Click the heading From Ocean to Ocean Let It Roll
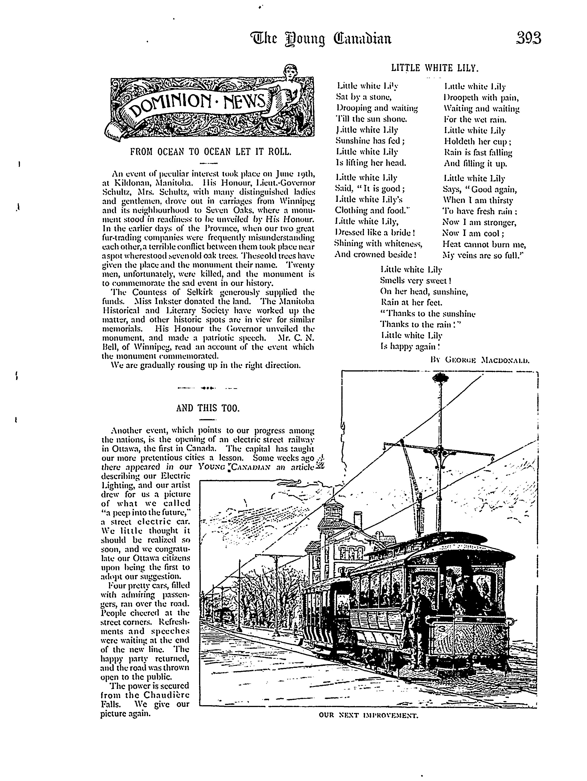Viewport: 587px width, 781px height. pyautogui.click(x=211, y=152)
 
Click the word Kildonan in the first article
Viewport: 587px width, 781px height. pyautogui.click(x=132, y=183)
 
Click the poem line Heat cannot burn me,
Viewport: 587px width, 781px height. pyautogui.click(x=484, y=244)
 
